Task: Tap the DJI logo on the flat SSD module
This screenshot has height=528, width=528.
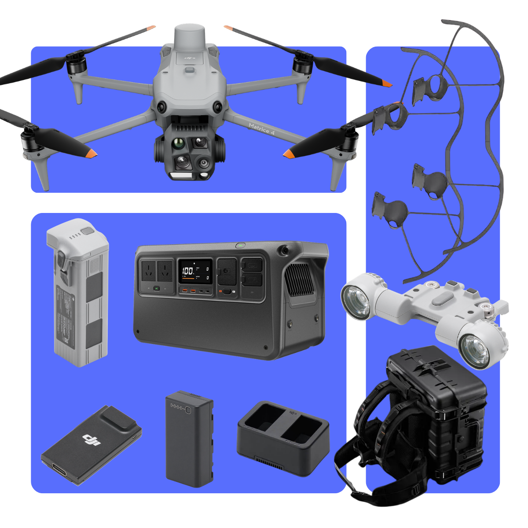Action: [x=90, y=440]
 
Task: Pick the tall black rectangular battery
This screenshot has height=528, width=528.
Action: [x=189, y=438]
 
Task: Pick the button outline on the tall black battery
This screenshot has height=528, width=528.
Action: [x=188, y=410]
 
